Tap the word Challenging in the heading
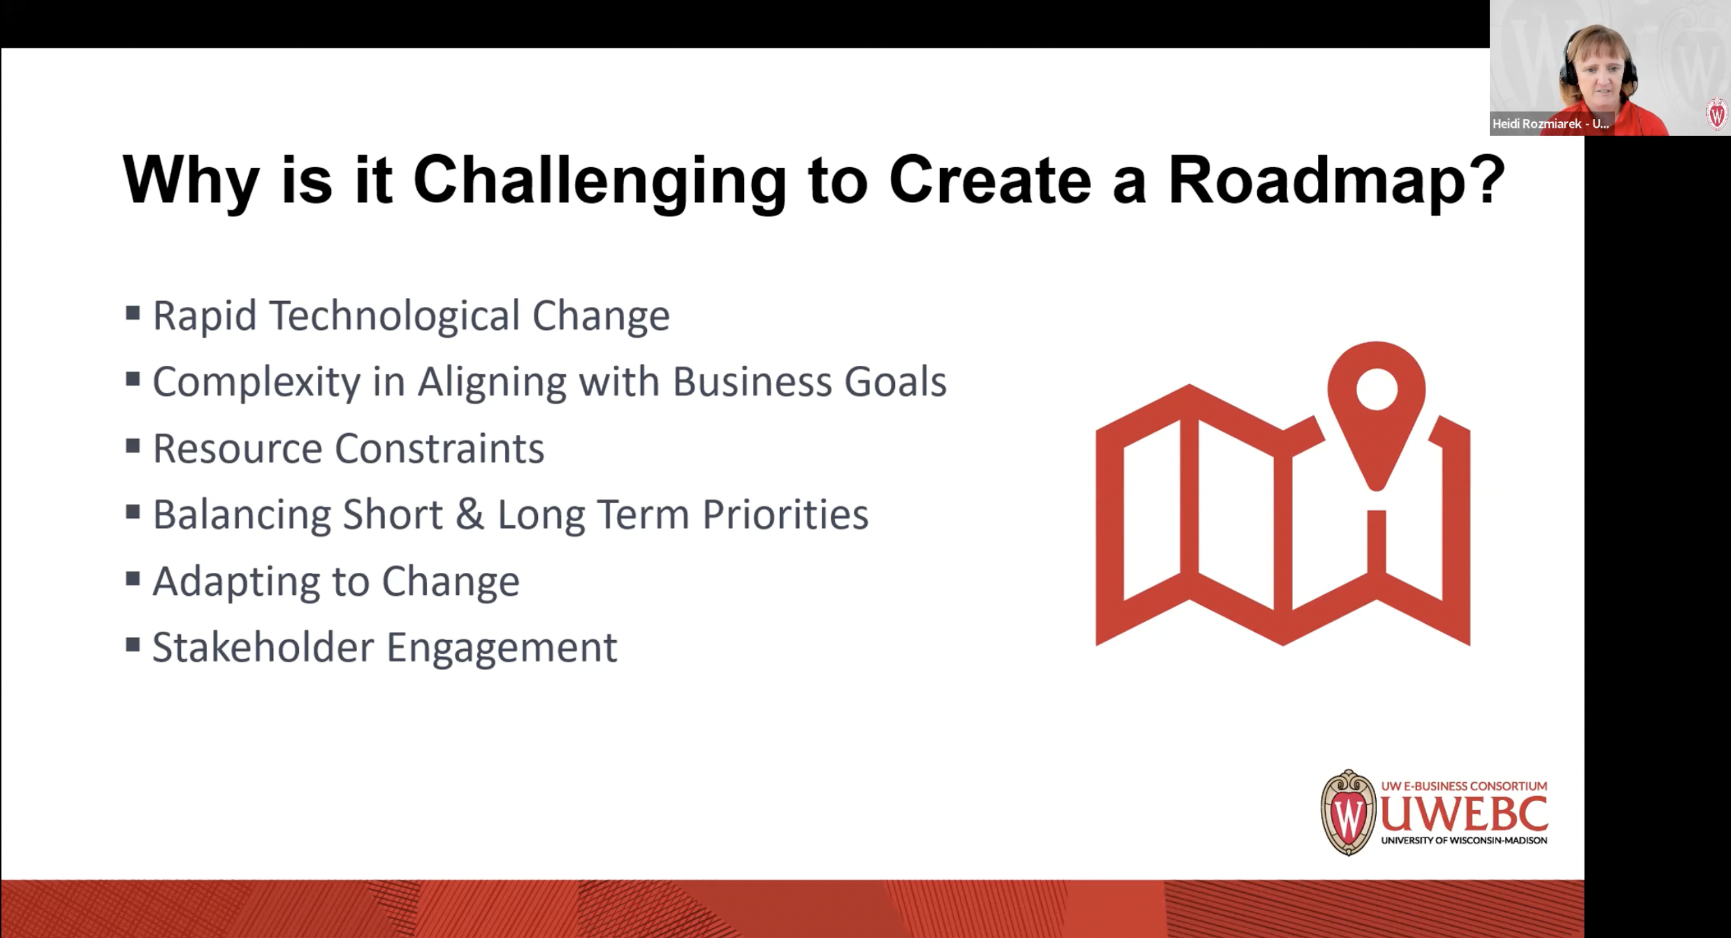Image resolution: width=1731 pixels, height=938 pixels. click(x=599, y=180)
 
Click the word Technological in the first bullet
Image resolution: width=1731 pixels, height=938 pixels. click(x=395, y=315)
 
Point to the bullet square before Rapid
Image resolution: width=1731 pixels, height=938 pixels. click(x=133, y=313)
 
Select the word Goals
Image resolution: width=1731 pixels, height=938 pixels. click(x=895, y=381)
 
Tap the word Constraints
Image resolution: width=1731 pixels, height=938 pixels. click(x=439, y=448)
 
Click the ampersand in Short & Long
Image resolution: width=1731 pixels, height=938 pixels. click(x=470, y=513)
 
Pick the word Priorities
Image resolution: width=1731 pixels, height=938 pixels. click(x=785, y=513)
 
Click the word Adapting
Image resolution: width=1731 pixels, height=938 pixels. click(x=236, y=581)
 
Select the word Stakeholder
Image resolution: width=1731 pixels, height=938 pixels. click(x=263, y=647)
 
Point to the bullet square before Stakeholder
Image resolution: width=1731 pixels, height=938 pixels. click(x=133, y=645)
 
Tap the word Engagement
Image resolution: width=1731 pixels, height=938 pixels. click(x=501, y=648)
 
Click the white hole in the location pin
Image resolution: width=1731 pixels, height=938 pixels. click(x=1377, y=389)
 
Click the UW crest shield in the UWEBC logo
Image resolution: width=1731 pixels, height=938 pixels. click(x=1348, y=814)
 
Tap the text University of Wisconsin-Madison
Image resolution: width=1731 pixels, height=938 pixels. click(x=1464, y=840)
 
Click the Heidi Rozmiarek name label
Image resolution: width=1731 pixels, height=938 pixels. click(x=1550, y=123)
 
